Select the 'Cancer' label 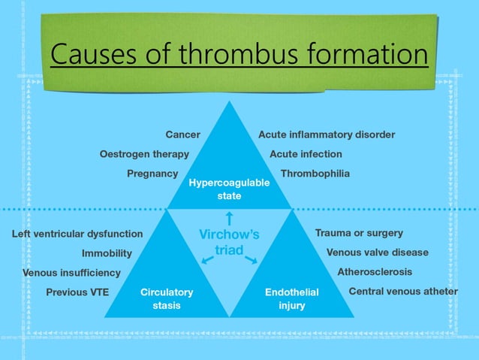click(182, 135)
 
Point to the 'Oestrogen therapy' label click(144, 154)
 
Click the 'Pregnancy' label click(152, 174)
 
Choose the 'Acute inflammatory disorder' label click(327, 135)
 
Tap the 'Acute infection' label click(306, 154)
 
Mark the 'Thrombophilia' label click(315, 174)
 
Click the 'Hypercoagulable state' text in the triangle click(229, 189)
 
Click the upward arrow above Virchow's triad click(230, 219)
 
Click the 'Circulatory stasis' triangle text click(167, 299)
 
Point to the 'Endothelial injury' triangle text click(292, 299)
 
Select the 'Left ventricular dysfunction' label click(77, 234)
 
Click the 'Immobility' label click(107, 253)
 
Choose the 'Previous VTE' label click(77, 292)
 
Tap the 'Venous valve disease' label click(378, 253)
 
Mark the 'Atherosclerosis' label click(375, 272)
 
